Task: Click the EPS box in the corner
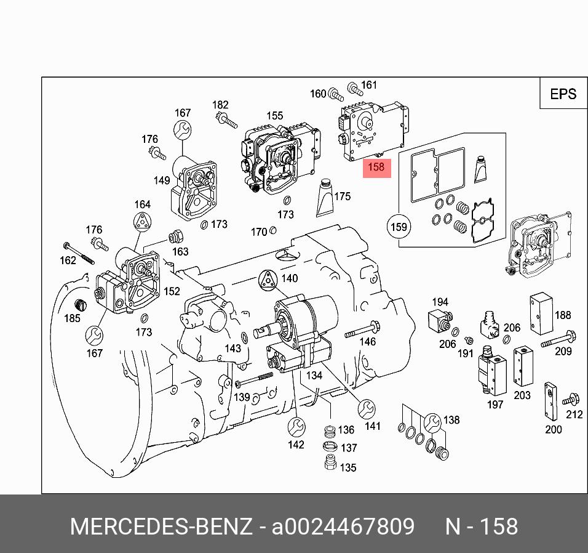pos(562,94)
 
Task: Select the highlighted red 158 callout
pos(376,167)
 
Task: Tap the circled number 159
pos(399,227)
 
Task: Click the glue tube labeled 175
pos(324,198)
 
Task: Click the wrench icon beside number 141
pos(367,408)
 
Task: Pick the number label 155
pos(274,116)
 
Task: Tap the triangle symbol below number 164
pos(143,223)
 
